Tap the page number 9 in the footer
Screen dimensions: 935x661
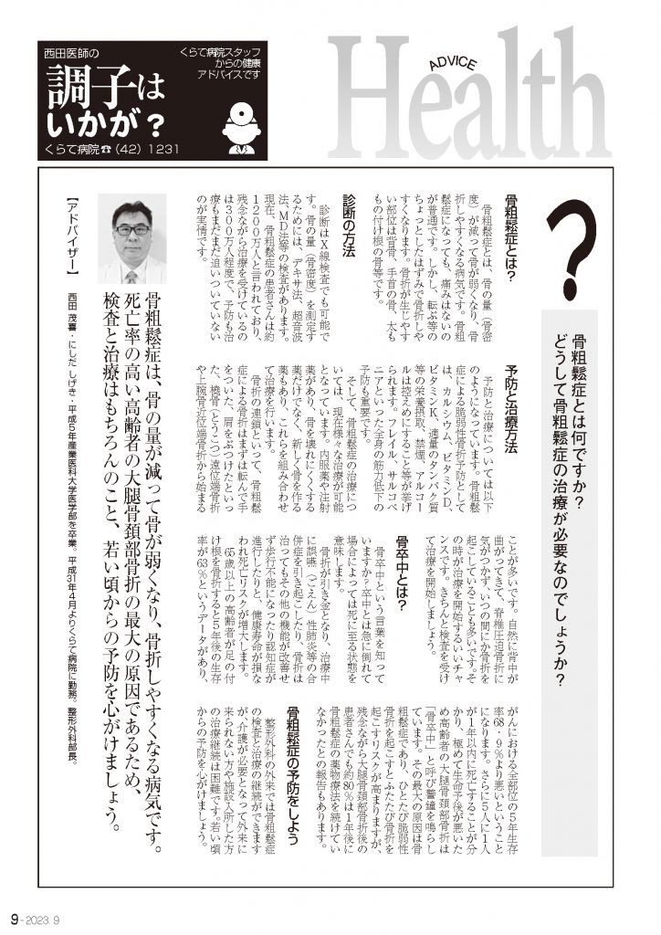tap(15, 917)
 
